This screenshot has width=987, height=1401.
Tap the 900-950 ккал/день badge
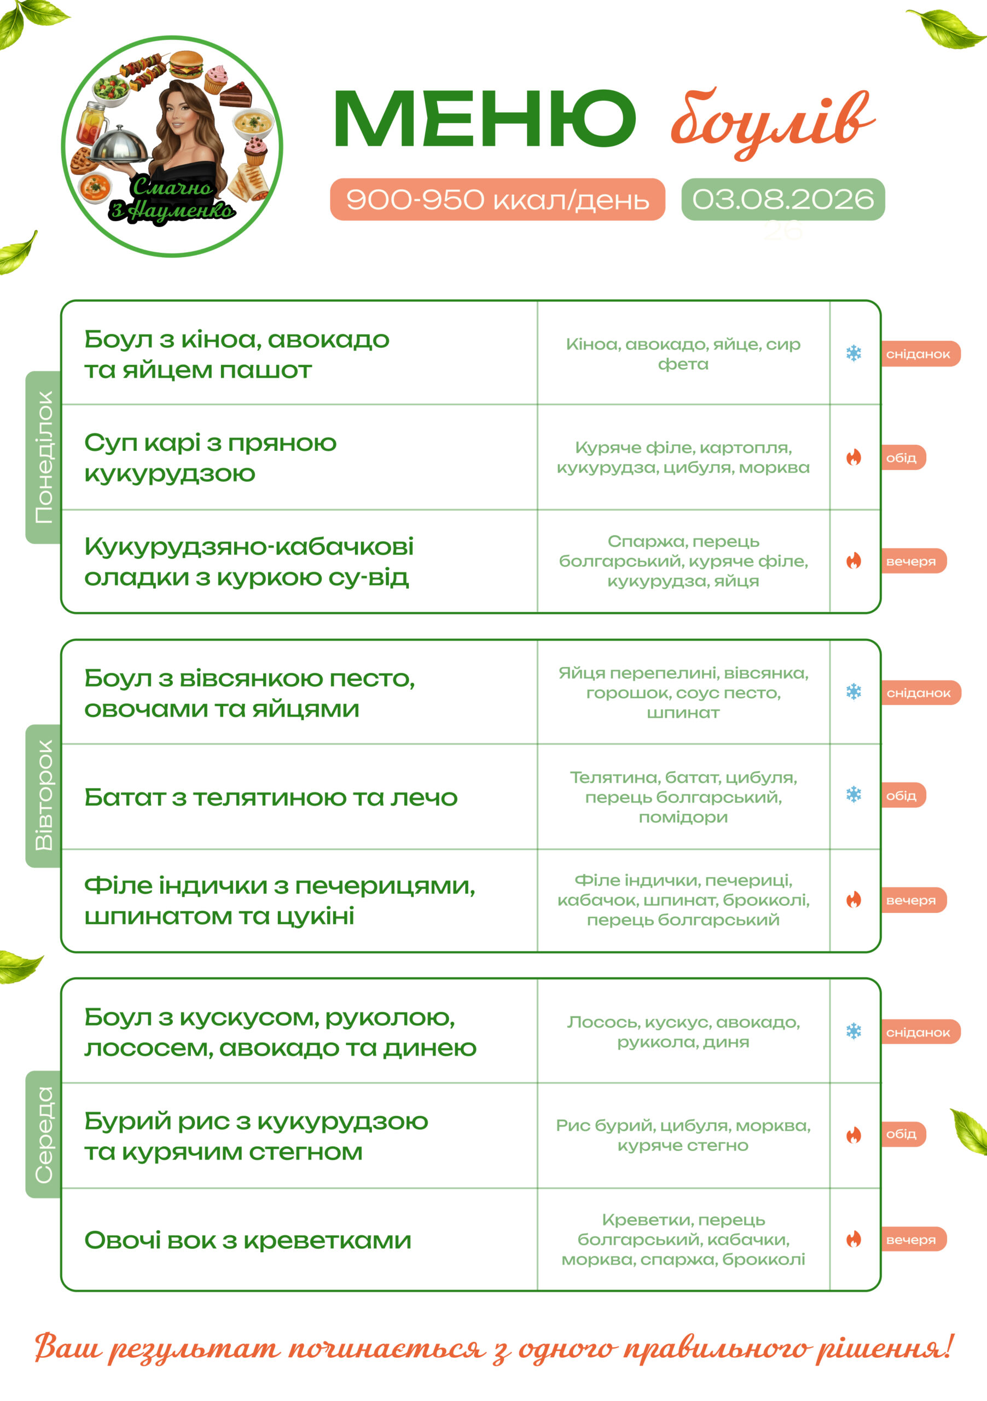[497, 199]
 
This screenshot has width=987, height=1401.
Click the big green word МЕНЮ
[484, 118]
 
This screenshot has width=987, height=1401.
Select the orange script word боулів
[773, 122]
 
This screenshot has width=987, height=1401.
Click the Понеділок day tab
[43, 457]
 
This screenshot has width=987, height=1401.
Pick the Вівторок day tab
[43, 796]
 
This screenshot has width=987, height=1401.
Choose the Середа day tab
[43, 1134]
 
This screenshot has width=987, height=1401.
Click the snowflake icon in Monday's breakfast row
[854, 354]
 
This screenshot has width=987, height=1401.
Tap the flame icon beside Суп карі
[854, 457]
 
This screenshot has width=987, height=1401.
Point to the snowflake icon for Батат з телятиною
[854, 795]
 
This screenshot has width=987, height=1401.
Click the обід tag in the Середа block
[903, 1134]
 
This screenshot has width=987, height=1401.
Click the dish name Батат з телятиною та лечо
[271, 797]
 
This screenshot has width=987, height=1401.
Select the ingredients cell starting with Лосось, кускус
[683, 1032]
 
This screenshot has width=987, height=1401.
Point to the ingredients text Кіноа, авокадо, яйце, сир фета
[683, 354]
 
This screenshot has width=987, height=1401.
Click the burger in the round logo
[185, 64]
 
